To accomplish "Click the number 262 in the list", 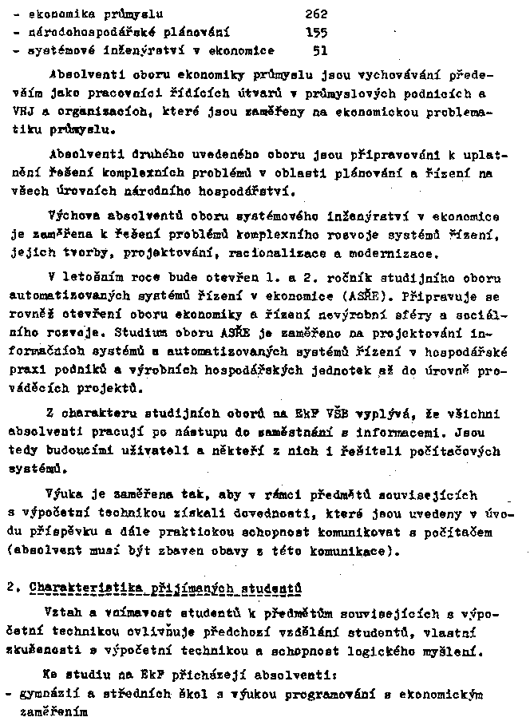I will (x=317, y=14).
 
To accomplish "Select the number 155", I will (x=317, y=33).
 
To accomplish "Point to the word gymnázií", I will (x=47, y=693).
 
